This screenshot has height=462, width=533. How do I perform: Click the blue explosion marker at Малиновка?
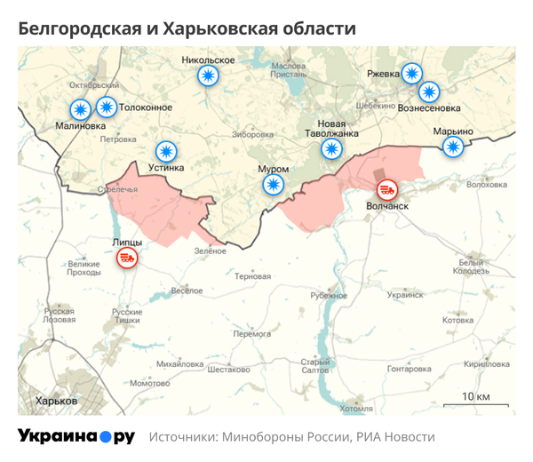tap(81, 109)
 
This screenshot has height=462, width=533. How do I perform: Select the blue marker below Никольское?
tap(208, 77)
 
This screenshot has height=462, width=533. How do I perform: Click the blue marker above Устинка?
tap(166, 151)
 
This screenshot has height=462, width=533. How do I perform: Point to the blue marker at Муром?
tap(273, 185)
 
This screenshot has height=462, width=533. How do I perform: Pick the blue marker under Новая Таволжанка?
tap(331, 148)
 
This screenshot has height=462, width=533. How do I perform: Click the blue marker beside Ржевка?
tap(411, 74)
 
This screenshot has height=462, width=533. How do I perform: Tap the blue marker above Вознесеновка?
tap(429, 91)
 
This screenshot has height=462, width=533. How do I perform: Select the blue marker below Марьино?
tap(453, 147)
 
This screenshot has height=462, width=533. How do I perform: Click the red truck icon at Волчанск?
tap(387, 189)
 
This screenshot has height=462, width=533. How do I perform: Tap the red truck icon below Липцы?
tap(127, 258)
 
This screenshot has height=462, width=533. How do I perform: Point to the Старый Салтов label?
tap(315, 365)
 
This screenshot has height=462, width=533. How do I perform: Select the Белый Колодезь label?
tap(469, 266)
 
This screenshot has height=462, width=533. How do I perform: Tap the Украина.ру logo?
tap(76, 436)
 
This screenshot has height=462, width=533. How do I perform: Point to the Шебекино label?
tap(374, 105)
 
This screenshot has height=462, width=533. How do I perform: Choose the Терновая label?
tap(251, 276)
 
